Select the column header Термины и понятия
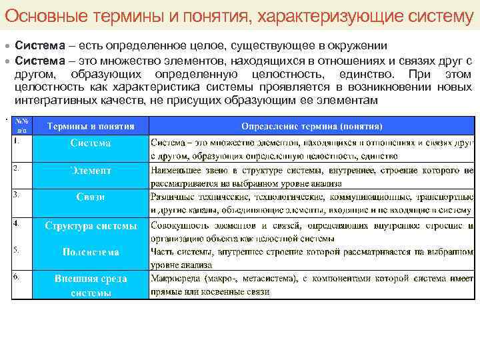click(91, 125)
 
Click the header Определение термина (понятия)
click(311, 125)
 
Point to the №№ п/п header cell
click(22, 125)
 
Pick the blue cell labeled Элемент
click(91, 171)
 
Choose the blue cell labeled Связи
click(91, 197)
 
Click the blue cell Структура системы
click(91, 225)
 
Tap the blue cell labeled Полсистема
click(91, 252)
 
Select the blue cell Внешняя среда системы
click(91, 285)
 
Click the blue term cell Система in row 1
click(91, 143)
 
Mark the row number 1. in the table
click(17, 141)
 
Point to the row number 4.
click(17, 222)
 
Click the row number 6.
click(17, 275)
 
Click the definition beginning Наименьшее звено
click(311, 177)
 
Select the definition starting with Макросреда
click(311, 285)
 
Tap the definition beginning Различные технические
click(311, 203)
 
